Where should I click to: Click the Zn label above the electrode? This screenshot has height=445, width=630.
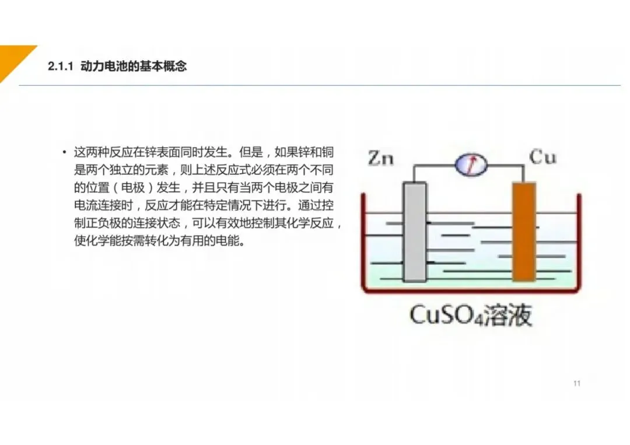click(381, 158)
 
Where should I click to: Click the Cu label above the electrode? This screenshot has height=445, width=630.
click(542, 156)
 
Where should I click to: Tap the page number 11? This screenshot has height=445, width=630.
click(577, 383)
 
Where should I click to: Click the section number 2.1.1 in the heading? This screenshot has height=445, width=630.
click(60, 67)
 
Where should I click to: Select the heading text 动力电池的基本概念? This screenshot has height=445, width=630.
click(133, 67)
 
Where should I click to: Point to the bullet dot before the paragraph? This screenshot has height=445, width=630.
click(64, 153)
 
